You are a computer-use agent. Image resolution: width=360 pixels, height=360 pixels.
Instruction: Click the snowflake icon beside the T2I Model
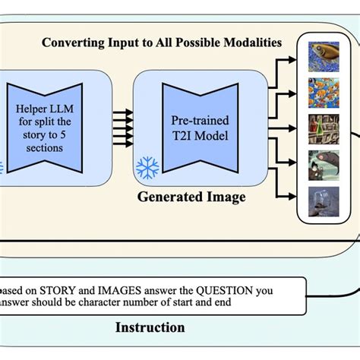coord(147,168)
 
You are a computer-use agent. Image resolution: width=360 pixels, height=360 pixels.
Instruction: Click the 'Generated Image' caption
coord(191,197)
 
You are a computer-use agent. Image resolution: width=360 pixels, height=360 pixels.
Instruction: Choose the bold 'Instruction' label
coord(150,327)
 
